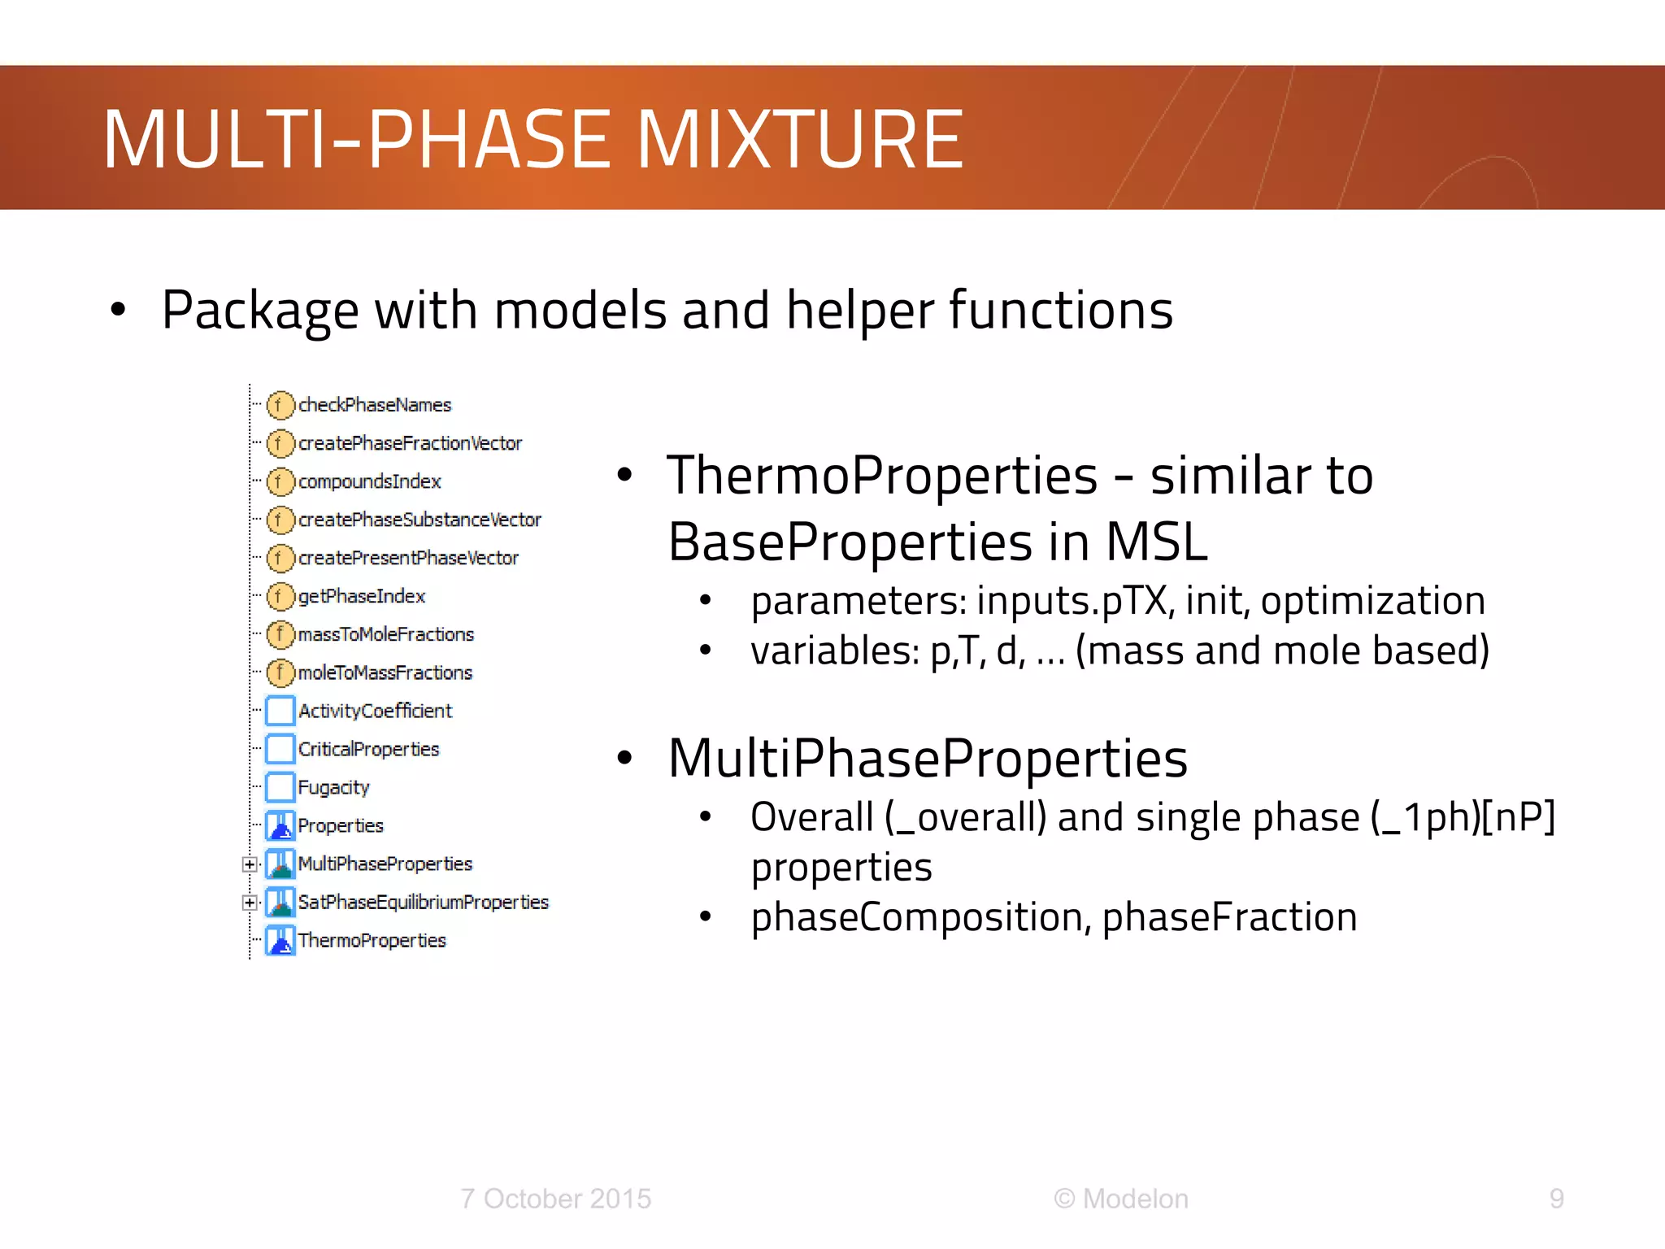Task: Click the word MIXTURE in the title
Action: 799,140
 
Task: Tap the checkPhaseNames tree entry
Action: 374,405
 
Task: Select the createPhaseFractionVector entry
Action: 410,443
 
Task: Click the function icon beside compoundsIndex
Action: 280,481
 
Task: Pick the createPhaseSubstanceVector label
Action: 419,520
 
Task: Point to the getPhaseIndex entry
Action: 361,596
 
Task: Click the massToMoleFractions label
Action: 385,634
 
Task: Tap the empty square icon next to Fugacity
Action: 280,787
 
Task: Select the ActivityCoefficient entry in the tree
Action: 375,711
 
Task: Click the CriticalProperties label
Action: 368,749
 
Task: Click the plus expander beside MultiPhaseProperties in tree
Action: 250,864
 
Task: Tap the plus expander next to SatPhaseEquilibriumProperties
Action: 250,903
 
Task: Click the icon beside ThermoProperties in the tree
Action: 280,941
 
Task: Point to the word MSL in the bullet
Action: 1156,542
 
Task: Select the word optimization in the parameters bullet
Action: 1372,601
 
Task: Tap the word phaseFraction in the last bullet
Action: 1229,917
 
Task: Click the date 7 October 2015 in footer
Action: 555,1199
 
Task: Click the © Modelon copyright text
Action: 1120,1199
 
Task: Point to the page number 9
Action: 1556,1199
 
